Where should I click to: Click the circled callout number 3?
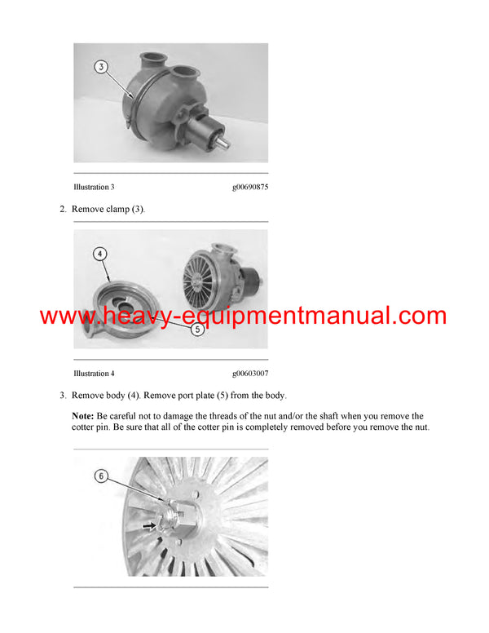(101, 67)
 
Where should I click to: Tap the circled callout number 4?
(100, 254)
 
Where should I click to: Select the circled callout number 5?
(197, 330)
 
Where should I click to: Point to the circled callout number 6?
(101, 475)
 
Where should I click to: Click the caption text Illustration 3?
(94, 187)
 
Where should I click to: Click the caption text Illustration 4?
(94, 374)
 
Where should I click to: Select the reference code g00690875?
(250, 187)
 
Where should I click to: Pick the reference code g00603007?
(250, 374)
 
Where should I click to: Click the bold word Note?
(83, 416)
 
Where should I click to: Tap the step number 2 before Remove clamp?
(63, 210)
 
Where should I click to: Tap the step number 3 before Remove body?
(63, 396)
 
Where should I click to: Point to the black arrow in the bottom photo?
(149, 525)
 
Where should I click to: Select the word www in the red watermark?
(64, 316)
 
